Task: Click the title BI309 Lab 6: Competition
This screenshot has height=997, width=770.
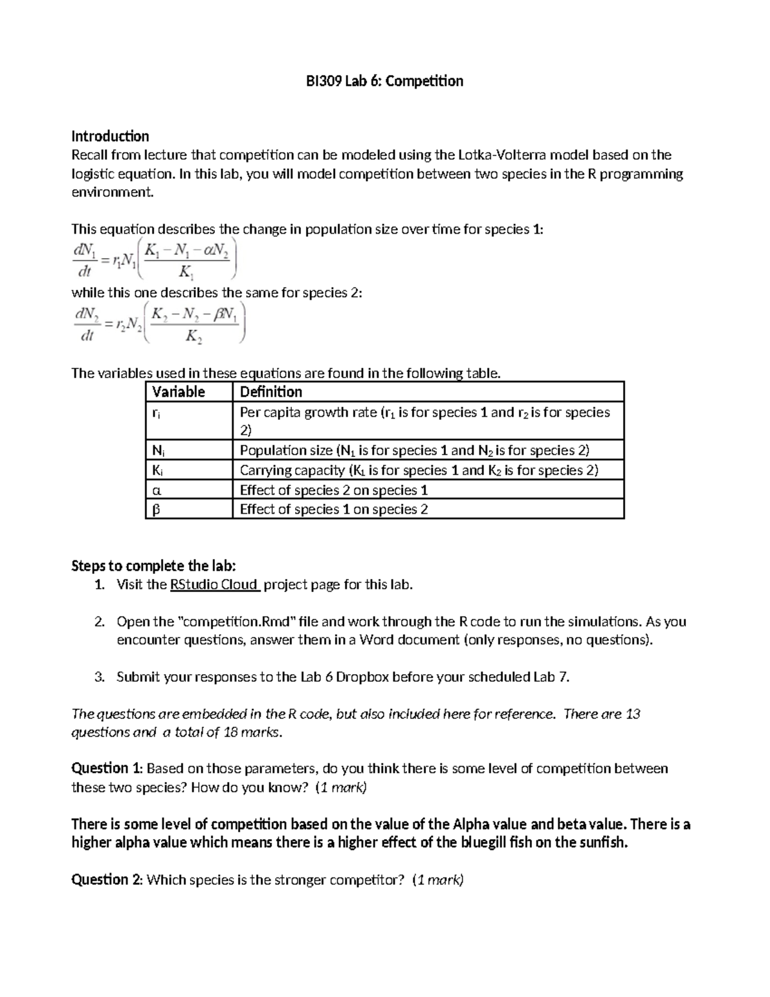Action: (x=384, y=81)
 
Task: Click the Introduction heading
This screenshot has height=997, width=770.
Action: (x=110, y=136)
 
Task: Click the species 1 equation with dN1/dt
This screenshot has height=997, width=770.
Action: (x=155, y=259)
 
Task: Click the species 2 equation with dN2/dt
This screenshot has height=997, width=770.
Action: (x=158, y=323)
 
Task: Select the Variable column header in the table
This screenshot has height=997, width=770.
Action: (x=178, y=392)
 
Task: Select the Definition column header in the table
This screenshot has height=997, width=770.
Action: (x=271, y=392)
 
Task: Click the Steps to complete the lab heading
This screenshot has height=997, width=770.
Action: (x=153, y=566)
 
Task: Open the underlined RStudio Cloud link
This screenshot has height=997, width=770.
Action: (x=214, y=584)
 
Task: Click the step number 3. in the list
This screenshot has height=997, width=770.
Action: (x=99, y=677)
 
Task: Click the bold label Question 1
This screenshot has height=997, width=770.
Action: (x=107, y=768)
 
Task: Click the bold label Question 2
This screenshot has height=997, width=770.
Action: (x=107, y=880)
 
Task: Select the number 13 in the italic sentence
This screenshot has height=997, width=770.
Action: (x=632, y=714)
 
